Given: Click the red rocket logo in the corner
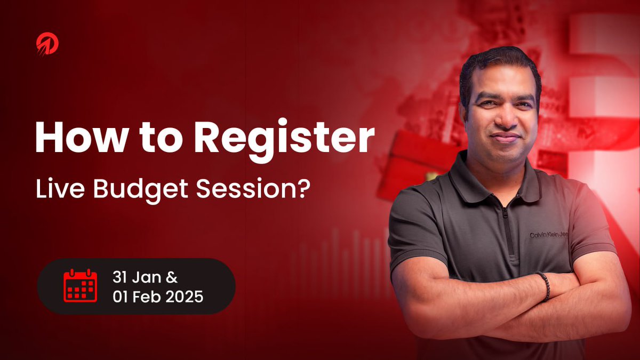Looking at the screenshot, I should point(47,44).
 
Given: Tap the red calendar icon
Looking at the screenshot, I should point(80,286).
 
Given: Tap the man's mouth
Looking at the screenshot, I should point(503,138).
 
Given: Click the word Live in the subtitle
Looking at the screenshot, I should point(53,190).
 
